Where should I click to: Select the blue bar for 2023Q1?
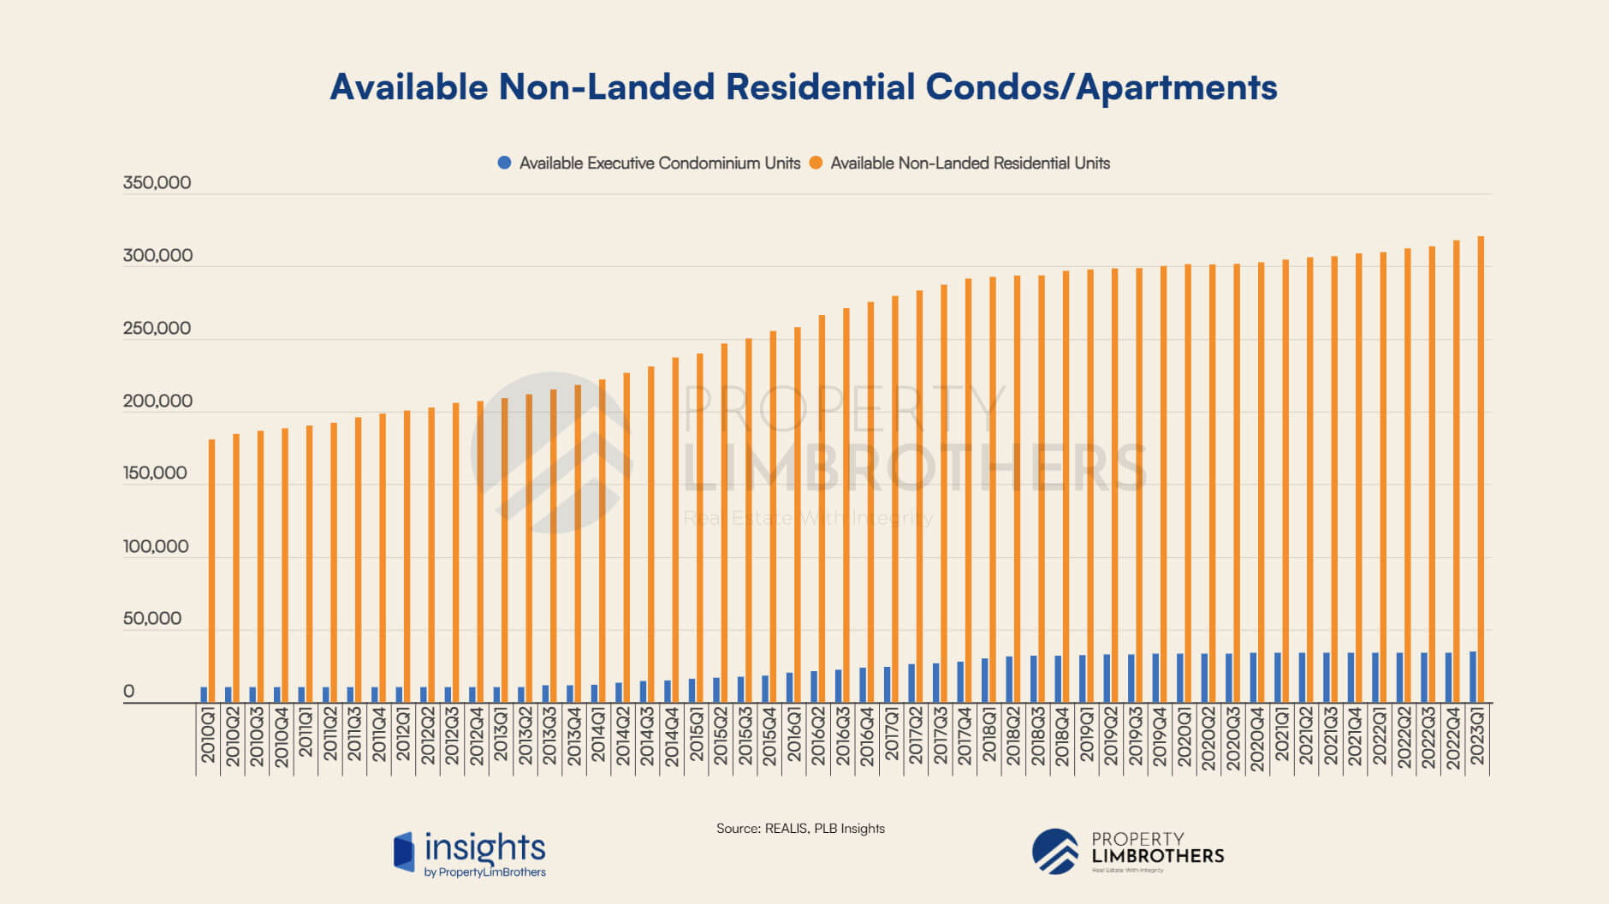pyautogui.click(x=1473, y=677)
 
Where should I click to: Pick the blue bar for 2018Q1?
pyautogui.click(x=985, y=681)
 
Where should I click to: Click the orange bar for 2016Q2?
pyautogui.click(x=822, y=509)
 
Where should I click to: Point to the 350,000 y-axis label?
pyautogui.click(x=157, y=182)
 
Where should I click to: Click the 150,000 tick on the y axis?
pyautogui.click(x=155, y=473)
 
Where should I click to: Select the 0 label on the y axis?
pyautogui.click(x=128, y=692)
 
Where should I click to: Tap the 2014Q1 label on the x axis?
pyautogui.click(x=598, y=735)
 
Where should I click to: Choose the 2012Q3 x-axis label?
pyautogui.click(x=452, y=736)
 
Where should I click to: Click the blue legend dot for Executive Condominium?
pyautogui.click(x=504, y=163)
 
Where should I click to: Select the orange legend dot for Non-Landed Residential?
pyautogui.click(x=816, y=163)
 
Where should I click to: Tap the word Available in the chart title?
pyautogui.click(x=408, y=87)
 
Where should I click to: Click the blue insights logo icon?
pyautogui.click(x=404, y=852)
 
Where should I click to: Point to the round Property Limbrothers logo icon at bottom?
pyautogui.click(x=1055, y=851)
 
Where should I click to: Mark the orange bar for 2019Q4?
pyautogui.click(x=1163, y=485)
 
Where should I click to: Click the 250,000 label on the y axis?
pyautogui.click(x=157, y=328)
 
